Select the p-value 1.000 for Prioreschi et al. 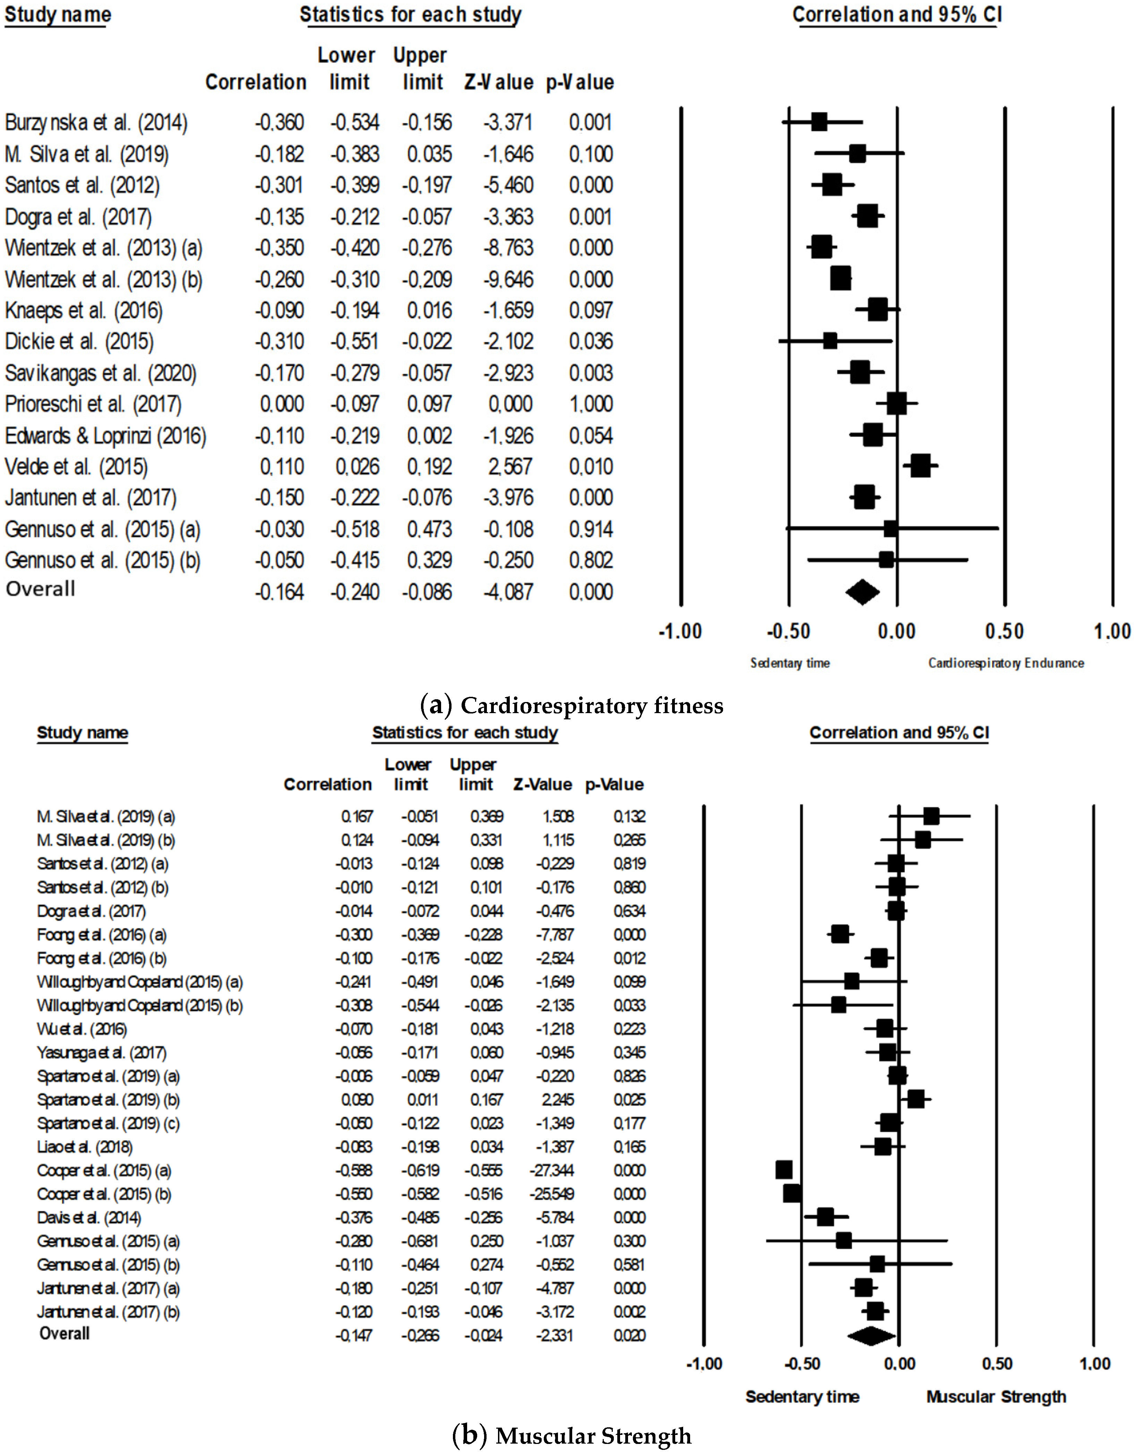coord(590,404)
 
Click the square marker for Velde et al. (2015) coord(920,466)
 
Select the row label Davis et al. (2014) coord(89,1218)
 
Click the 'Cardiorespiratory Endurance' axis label coord(1006,663)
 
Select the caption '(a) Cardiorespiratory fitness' coord(572,705)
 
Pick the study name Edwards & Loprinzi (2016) coord(105,436)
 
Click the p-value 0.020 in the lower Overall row coord(629,1336)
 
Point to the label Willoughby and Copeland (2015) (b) coord(140,1005)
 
